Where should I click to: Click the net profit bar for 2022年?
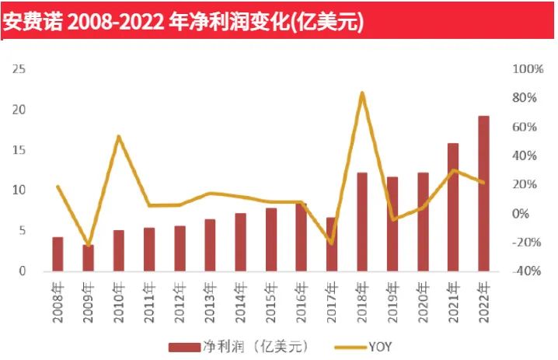pos(483,194)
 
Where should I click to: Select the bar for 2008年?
pos(58,254)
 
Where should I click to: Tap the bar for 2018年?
pos(361,222)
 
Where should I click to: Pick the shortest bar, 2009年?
pos(88,258)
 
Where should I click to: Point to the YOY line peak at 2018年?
pos(362,93)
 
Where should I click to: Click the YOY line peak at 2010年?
pos(118,137)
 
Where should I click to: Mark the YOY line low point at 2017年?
pos(332,243)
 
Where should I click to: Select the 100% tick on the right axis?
pos(528,69)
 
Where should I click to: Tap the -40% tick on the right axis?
pos(528,271)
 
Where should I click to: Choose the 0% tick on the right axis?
pos(531,214)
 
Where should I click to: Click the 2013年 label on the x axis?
pos(210,299)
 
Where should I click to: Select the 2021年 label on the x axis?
pos(453,299)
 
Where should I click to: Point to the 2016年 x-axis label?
pos(301,299)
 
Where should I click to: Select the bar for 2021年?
pos(453,208)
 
